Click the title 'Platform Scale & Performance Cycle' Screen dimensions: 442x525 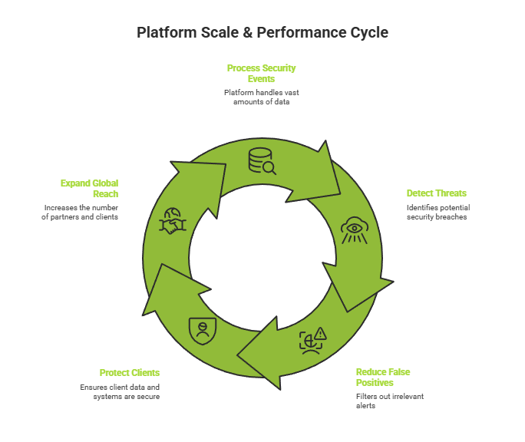[262, 32]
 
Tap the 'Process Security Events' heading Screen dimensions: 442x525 [261, 73]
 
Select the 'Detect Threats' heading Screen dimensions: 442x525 [436, 193]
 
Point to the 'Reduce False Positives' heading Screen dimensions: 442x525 [383, 377]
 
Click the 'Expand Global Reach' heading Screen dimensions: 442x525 [90, 188]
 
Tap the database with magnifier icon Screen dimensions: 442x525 [261, 160]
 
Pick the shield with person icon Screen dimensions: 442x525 [203, 330]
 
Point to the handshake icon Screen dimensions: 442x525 [170, 223]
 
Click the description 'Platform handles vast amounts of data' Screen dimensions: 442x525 [261, 97]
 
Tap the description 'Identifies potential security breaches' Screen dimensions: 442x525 [438, 212]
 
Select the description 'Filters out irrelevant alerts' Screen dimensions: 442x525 [389, 401]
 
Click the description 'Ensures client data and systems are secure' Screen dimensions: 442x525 [120, 391]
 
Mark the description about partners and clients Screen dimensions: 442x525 [81, 212]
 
